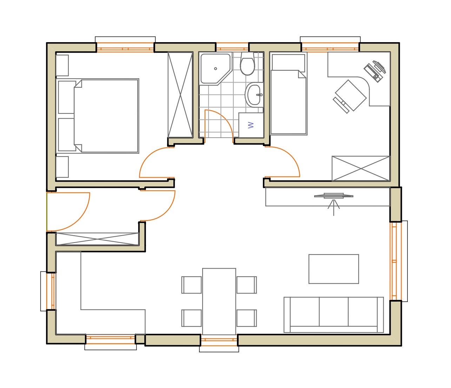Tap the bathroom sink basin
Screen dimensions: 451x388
pos(254,95)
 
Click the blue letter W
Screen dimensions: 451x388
pos(251,125)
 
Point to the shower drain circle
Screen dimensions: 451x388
pos(215,68)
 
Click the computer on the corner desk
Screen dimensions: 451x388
pos(374,71)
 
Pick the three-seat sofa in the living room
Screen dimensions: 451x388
pos(333,315)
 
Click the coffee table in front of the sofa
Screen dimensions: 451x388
pos(334,269)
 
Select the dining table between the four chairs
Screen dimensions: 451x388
pos(219,302)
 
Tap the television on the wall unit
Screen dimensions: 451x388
pos(334,196)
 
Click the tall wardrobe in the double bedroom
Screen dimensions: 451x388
pos(180,95)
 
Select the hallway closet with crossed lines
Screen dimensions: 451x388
pos(98,239)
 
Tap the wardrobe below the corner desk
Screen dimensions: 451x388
pos(361,168)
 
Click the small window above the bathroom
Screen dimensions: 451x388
pos(232,47)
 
